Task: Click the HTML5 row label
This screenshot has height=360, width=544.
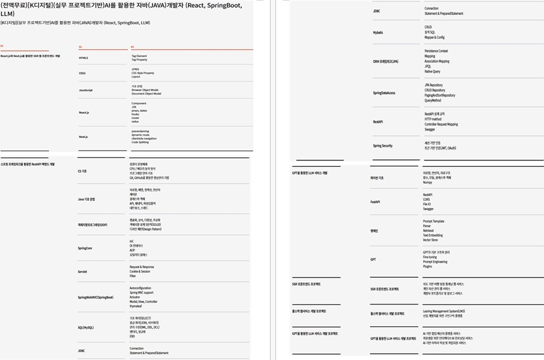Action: [83, 58]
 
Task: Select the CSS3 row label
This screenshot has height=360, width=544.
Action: [82, 73]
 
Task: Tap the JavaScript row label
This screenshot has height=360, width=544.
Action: [85, 90]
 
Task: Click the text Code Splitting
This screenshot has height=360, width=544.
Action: [140, 142]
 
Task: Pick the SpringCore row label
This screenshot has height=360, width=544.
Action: [85, 248]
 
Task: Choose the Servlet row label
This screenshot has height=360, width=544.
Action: [82, 271]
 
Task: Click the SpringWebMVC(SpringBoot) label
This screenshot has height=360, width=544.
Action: [95, 297]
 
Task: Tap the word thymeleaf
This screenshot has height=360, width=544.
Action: [135, 306]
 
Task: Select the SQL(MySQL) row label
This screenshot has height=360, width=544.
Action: [86, 327]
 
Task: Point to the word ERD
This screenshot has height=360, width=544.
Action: [132, 337]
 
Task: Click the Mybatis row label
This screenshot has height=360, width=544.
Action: [378, 33]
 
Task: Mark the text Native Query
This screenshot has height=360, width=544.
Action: [432, 71]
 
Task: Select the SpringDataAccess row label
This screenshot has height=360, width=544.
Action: [384, 93]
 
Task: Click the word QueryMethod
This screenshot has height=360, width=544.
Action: [432, 100]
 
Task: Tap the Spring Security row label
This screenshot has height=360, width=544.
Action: [382, 146]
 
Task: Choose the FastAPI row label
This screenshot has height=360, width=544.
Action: [375, 202]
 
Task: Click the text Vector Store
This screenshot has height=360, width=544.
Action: [430, 240]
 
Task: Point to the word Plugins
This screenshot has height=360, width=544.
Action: [428, 266]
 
